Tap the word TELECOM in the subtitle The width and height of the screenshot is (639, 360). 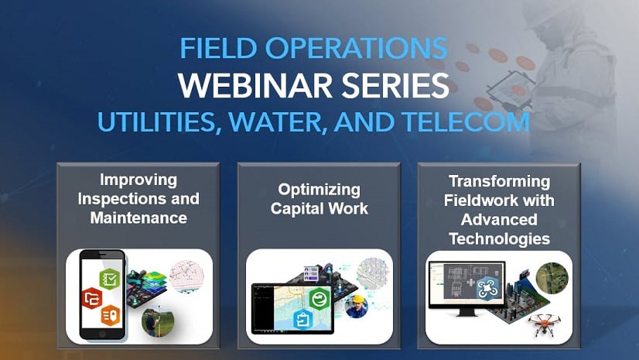466,122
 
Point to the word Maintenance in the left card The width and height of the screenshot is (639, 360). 138,218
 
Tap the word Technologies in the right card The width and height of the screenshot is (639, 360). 499,239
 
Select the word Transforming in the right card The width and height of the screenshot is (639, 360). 499,181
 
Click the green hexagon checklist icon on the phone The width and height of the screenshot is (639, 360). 110,279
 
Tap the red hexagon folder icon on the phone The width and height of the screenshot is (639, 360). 92,298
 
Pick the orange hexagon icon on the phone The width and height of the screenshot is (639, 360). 111,316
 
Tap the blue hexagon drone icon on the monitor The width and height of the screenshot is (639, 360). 488,287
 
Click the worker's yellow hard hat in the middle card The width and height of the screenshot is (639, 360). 358,299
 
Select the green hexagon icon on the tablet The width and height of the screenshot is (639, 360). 319,298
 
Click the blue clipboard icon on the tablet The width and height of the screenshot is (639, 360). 302,319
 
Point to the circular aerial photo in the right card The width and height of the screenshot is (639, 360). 552,279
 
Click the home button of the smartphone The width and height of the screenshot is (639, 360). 102,334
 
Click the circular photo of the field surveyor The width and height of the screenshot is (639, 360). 158,322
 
